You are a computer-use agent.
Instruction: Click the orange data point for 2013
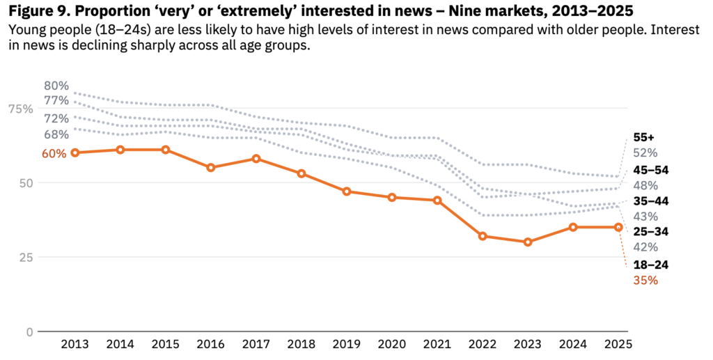coord(75,152)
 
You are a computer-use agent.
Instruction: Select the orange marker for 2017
coord(256,159)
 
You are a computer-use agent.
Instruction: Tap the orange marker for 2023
coord(528,242)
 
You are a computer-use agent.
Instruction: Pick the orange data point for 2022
coord(483,236)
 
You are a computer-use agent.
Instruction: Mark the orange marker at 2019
coord(347,191)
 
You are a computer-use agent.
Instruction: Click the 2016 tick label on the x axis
coord(210,345)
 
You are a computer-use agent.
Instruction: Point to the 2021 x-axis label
coord(437,345)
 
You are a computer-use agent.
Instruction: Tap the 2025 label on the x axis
coord(618,345)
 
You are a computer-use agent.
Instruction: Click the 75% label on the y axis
coord(20,109)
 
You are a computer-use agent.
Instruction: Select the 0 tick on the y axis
coord(29,331)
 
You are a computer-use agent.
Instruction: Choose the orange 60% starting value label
coord(54,153)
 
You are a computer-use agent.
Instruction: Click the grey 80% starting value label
coord(56,86)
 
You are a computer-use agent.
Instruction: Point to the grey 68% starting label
coord(56,134)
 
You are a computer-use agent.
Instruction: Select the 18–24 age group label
coord(650,265)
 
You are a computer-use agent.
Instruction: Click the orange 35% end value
coord(646,281)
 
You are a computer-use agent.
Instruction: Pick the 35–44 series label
coord(650,201)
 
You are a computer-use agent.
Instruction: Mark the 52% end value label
coord(646,153)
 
